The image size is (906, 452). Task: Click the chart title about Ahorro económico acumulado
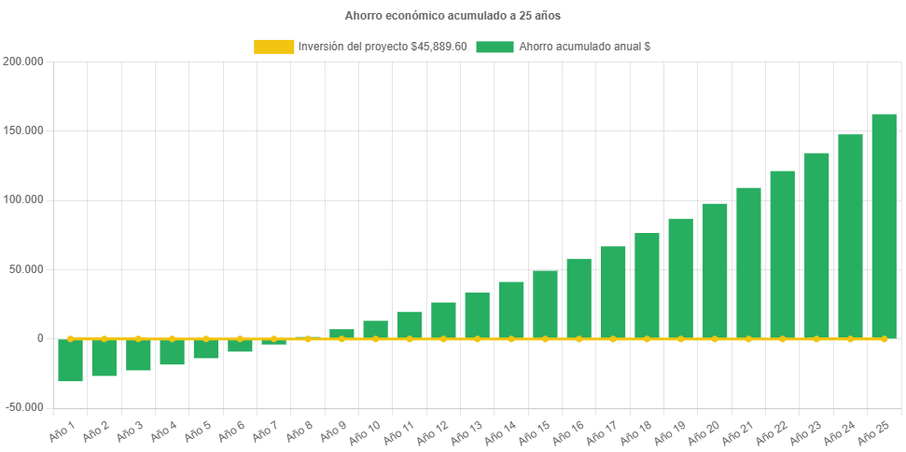453,16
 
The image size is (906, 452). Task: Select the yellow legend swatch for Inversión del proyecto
273,47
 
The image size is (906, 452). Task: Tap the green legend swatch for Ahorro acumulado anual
495,47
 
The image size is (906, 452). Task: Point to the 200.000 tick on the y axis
24,62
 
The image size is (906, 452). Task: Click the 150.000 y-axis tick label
24,130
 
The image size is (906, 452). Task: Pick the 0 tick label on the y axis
40,338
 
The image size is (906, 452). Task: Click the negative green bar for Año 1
70,360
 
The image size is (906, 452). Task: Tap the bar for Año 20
715,271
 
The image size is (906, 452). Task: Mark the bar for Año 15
545,305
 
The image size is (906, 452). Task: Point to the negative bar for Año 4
172,352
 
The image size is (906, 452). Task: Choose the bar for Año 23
816,246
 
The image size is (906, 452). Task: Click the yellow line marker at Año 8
307,338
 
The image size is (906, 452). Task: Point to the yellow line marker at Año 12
443,338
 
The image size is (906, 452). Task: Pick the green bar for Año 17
613,293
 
